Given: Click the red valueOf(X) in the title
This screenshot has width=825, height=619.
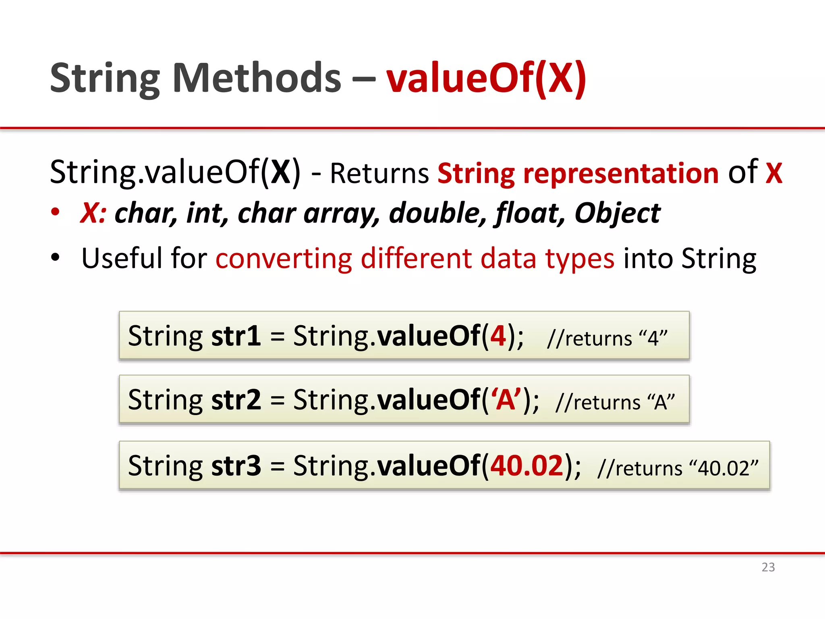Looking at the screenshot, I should (486, 78).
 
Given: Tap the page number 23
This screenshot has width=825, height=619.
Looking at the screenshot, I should (768, 567).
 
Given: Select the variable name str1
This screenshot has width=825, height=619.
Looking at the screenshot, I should (236, 336).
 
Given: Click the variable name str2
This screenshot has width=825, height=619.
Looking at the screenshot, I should (236, 399).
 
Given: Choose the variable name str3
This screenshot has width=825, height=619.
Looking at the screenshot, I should (236, 465).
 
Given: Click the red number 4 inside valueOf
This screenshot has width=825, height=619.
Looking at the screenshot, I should (498, 336).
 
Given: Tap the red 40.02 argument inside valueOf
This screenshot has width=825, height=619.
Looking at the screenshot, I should (527, 465).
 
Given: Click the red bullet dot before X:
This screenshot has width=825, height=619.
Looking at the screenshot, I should (56, 212).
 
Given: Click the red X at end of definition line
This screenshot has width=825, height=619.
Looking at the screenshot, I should (773, 173).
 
